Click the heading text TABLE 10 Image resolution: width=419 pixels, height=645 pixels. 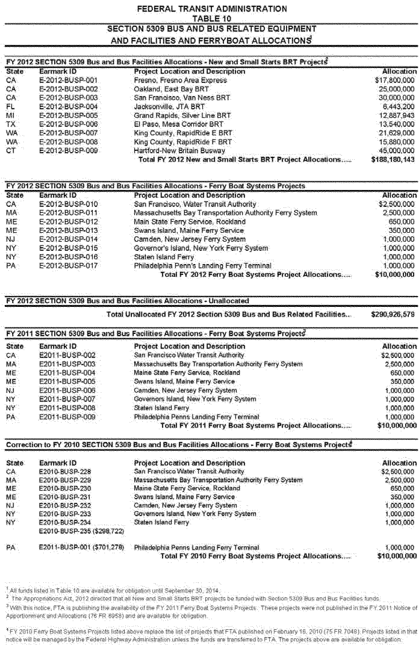212,18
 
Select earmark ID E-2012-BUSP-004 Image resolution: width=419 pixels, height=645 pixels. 68,107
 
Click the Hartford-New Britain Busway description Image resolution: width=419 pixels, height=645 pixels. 179,151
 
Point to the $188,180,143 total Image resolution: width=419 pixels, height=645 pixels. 393,160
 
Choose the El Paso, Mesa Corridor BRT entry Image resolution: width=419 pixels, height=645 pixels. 178,124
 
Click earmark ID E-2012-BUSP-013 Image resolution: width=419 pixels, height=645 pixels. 68,230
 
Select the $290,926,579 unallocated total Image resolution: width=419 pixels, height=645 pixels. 393,314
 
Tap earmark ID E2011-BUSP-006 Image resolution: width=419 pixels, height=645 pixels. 67,390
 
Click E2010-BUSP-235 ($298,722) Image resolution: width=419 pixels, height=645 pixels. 82,531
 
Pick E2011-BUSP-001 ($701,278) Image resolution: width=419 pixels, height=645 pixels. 82,547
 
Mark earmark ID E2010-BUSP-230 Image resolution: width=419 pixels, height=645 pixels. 65,488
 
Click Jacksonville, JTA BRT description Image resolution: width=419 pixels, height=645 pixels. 169,107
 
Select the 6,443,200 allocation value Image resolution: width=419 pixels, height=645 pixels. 399,107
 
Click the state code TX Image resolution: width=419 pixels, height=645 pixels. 11,124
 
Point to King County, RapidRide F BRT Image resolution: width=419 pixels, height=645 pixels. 183,142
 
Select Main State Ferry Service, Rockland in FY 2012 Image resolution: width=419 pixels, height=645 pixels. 189,222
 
